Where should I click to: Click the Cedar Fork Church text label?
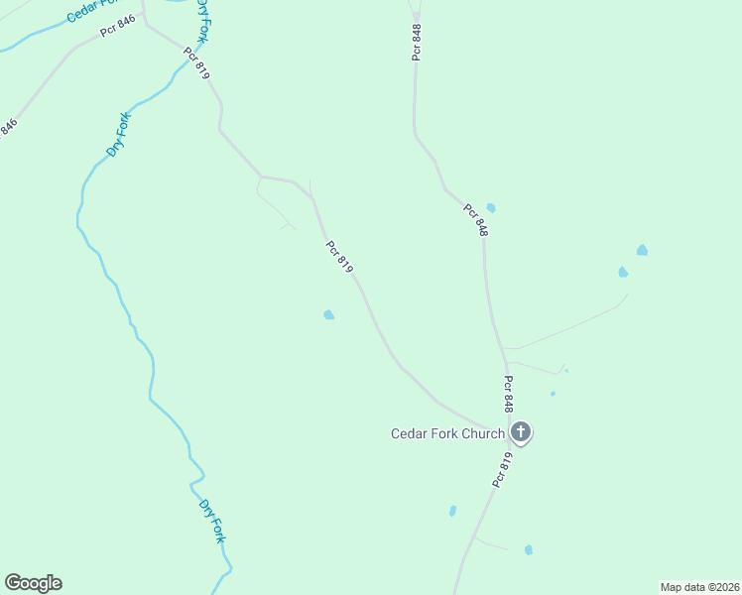pos(447,433)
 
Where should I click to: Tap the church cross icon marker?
pos(521,432)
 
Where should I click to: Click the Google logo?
pos(33,583)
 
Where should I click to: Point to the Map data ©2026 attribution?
pos(700,587)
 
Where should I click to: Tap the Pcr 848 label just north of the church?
pos(508,393)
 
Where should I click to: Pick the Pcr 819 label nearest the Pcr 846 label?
pos(197,63)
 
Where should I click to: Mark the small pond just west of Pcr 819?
pos(328,315)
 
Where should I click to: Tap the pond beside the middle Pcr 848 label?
pos(491,208)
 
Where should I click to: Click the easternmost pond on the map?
pos(642,250)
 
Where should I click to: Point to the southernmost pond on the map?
pos(529,549)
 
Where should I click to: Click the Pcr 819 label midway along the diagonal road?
pos(339,257)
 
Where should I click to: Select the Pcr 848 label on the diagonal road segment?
pos(475,220)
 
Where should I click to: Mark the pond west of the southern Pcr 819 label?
pos(452,511)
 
